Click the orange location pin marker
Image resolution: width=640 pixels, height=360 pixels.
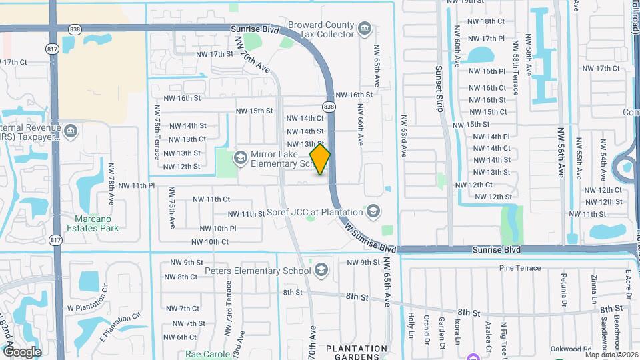pos(320,159)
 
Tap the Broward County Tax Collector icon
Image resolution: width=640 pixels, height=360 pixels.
pos(364,29)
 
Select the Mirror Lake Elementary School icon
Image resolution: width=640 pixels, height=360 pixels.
pos(240,158)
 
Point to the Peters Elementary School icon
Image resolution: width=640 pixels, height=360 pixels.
pos(321,270)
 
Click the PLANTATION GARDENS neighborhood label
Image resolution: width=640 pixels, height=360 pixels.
pos(357,353)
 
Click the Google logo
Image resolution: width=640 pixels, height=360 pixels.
pos(22,351)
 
